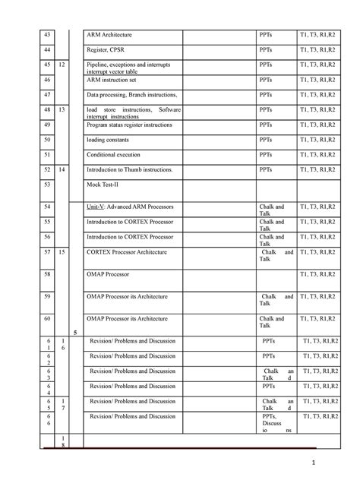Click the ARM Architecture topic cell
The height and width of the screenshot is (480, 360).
click(109, 35)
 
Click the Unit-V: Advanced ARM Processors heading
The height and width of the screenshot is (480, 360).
click(131, 206)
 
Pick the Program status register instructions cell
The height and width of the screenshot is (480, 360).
click(134, 125)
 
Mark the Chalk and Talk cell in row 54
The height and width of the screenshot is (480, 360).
click(271, 210)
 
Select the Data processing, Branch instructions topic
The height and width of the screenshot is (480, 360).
click(132, 94)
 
